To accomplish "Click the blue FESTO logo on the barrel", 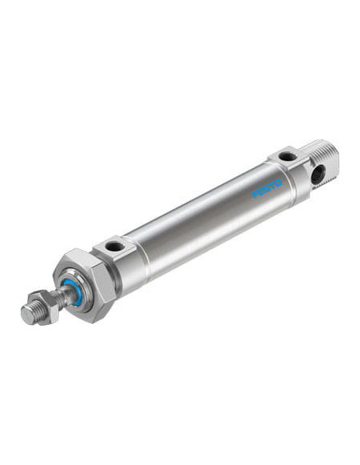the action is point(267,189).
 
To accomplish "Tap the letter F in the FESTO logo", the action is point(255,194).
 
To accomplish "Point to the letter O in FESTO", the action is point(279,183).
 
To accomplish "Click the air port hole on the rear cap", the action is point(288,156).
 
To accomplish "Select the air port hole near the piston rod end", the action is point(114,246).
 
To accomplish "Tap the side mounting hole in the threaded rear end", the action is point(319,174).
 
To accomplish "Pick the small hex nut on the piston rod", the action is point(46,307).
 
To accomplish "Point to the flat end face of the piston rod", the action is point(28,315).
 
